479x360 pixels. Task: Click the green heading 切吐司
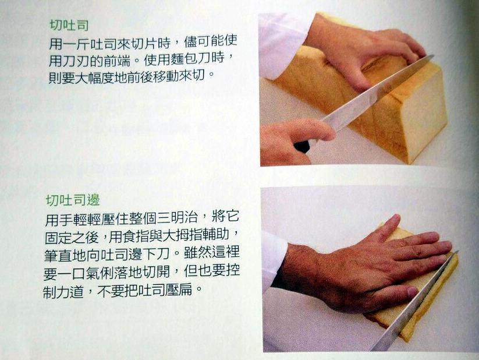[69, 25]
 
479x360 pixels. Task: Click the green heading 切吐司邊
[73, 200]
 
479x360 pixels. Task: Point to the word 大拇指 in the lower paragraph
[183, 235]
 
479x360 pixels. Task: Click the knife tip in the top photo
[433, 56]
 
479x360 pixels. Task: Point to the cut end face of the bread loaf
[424, 114]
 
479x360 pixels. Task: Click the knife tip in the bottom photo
[457, 252]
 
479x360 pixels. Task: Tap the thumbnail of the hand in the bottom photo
[413, 292]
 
